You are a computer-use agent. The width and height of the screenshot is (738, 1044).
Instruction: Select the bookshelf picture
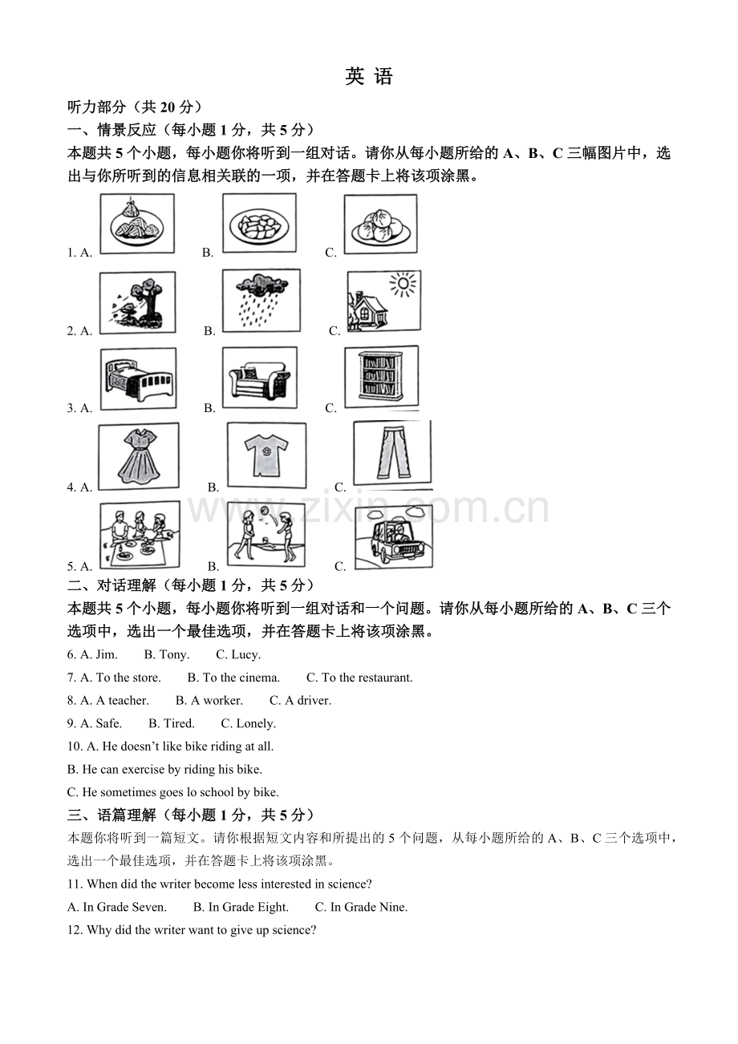(381, 377)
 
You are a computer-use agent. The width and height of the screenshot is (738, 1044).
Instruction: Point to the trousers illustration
(392, 453)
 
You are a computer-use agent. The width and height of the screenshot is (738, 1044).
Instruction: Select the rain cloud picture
(262, 301)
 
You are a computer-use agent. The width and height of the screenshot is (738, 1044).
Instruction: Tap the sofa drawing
(259, 378)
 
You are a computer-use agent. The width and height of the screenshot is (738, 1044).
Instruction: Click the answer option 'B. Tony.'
(166, 654)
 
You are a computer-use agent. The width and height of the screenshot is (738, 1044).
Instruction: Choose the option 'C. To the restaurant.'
(359, 678)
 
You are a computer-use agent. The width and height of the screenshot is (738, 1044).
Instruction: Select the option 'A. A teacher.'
(114, 701)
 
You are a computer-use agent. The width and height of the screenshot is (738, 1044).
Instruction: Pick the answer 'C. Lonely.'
(248, 723)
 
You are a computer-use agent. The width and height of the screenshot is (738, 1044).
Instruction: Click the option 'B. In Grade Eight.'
(241, 907)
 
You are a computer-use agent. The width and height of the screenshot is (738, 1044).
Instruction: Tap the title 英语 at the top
(369, 76)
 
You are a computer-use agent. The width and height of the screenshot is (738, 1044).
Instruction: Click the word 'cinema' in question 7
(258, 678)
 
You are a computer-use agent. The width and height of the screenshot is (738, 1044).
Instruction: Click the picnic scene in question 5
(140, 535)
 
